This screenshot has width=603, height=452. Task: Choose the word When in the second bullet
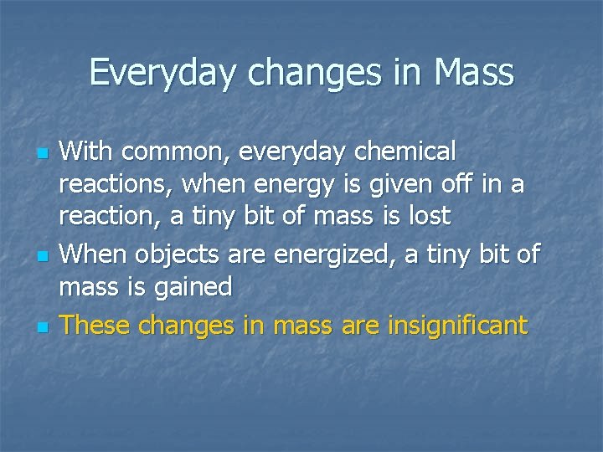[95, 254]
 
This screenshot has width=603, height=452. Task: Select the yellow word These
[95, 324]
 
